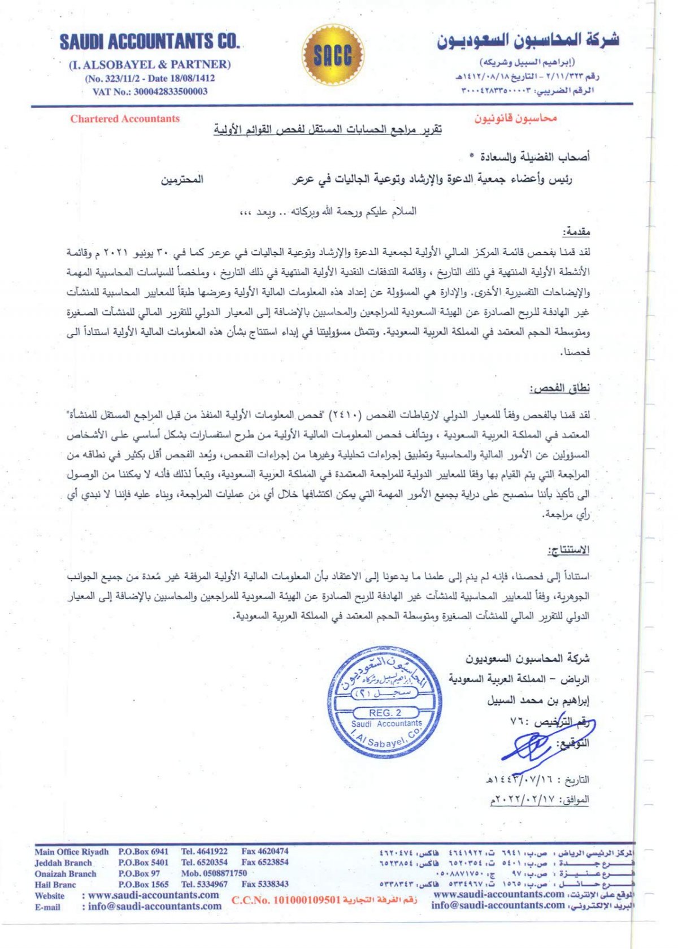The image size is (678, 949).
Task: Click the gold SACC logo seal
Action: coord(332,55)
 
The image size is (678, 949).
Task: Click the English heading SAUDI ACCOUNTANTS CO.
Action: coord(150,42)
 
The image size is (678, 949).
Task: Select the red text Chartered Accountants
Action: coord(125,119)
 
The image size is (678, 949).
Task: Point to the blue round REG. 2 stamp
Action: coord(384,701)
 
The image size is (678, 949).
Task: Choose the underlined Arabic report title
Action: coord(328,130)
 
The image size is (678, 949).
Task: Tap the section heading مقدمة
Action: coord(576,232)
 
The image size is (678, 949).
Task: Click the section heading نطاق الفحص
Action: coord(559,388)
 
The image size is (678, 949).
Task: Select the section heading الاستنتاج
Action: coord(568,550)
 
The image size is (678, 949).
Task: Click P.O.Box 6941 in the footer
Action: coord(144,851)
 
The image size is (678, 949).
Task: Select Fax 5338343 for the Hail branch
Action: coord(264,884)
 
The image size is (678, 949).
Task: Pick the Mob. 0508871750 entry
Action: coord(214,873)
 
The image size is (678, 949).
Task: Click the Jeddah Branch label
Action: coord(63,863)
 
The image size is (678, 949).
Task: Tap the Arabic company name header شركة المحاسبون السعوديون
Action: coord(528,40)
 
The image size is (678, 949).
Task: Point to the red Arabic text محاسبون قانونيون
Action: coord(515,118)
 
